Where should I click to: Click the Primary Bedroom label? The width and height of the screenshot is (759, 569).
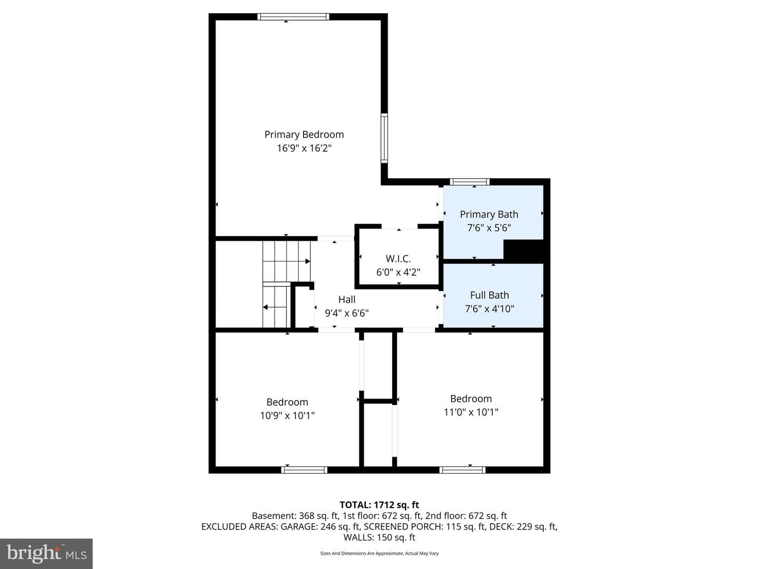(304, 134)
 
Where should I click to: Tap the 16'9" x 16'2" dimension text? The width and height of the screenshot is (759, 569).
(304, 148)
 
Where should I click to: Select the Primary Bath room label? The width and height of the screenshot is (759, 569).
(489, 214)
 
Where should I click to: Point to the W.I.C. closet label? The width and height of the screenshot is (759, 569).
(398, 258)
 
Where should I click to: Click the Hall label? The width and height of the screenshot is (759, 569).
(347, 299)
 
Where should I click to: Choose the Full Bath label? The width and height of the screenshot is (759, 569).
(489, 295)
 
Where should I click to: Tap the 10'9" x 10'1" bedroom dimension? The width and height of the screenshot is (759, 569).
(287, 415)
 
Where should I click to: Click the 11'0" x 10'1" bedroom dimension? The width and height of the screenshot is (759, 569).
(471, 412)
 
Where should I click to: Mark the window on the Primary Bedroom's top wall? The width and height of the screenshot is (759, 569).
(293, 16)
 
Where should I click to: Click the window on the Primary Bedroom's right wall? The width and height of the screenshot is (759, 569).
(384, 138)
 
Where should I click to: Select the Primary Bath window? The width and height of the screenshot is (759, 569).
(470, 182)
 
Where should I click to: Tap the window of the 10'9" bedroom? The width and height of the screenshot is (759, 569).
(304, 470)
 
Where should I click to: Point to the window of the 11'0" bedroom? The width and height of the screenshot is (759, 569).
(462, 470)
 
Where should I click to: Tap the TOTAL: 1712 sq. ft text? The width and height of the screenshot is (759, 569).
(379, 505)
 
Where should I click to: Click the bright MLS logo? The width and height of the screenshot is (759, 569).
(46, 553)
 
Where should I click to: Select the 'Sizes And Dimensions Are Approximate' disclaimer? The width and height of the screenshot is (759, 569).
(362, 553)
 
